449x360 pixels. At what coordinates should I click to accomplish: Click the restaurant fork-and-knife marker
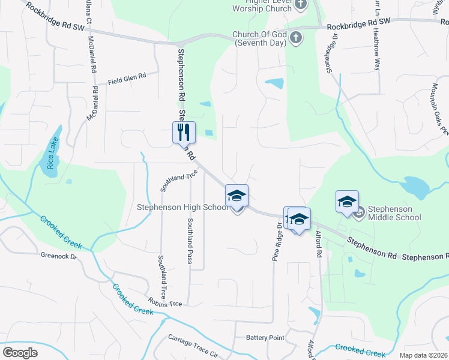point(184,132)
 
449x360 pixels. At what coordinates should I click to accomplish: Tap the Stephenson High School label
point(182,208)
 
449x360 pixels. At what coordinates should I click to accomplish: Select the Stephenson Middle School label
point(394,213)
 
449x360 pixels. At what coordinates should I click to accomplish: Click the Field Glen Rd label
point(127,77)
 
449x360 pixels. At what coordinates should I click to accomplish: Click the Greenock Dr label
point(59,256)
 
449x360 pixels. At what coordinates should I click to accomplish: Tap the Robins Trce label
point(166,304)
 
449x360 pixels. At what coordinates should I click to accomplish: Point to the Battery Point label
point(265,338)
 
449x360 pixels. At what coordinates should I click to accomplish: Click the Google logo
point(20,353)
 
